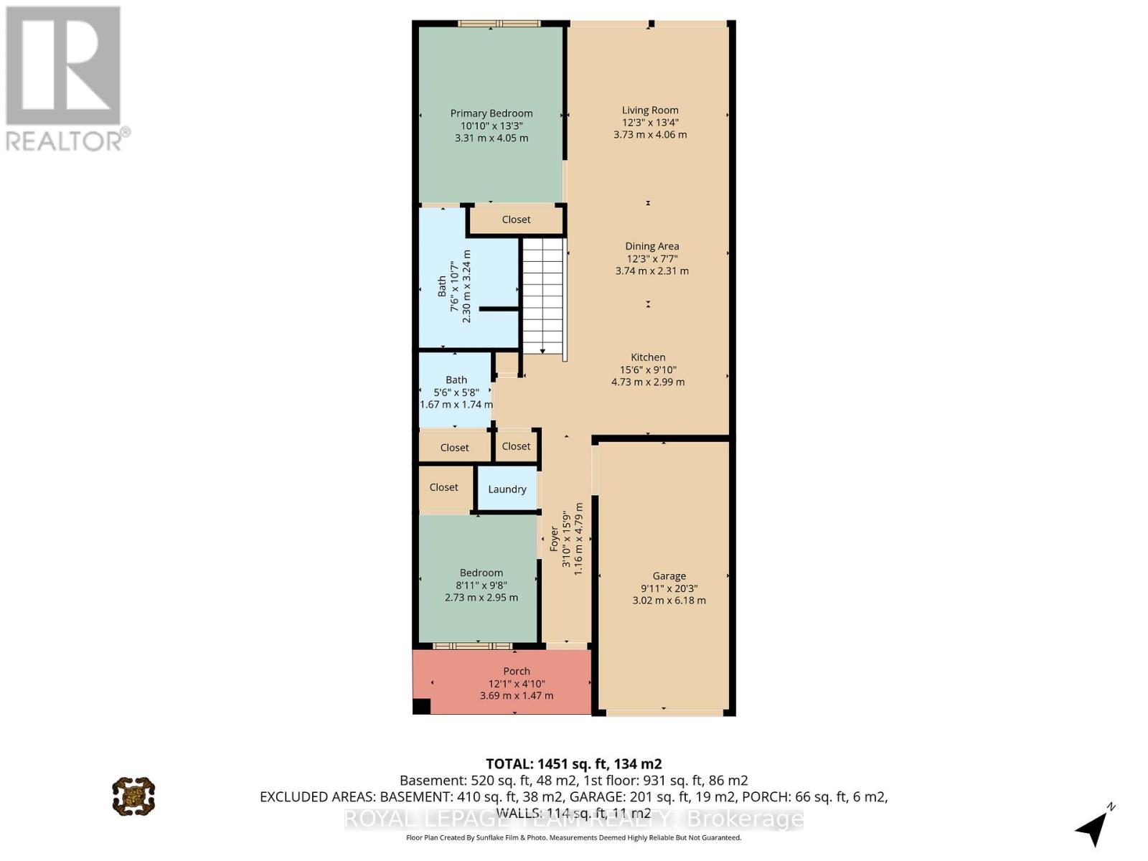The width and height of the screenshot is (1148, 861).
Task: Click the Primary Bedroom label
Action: tap(491, 113)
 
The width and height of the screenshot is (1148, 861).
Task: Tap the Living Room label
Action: tap(650, 110)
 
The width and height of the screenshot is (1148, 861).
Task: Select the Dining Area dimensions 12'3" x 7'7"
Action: tap(651, 258)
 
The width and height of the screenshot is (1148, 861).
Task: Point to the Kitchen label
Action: tap(648, 357)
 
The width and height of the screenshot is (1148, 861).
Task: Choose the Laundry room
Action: tap(507, 489)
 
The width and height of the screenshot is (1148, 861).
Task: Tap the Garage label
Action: tap(669, 575)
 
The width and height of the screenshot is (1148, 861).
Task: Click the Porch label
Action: tap(517, 672)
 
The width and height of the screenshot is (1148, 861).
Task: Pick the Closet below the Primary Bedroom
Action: tap(516, 220)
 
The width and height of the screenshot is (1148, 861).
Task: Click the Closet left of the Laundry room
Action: tap(444, 487)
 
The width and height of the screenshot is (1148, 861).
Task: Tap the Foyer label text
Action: tap(554, 539)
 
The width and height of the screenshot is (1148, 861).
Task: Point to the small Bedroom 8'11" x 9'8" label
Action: tap(481, 573)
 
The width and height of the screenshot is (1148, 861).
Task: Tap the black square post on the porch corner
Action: tap(421, 706)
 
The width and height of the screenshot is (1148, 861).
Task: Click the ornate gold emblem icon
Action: tap(133, 796)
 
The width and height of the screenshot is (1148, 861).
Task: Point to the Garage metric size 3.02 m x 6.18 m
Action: tap(669, 601)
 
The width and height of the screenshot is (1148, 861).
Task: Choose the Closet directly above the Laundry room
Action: tap(516, 446)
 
